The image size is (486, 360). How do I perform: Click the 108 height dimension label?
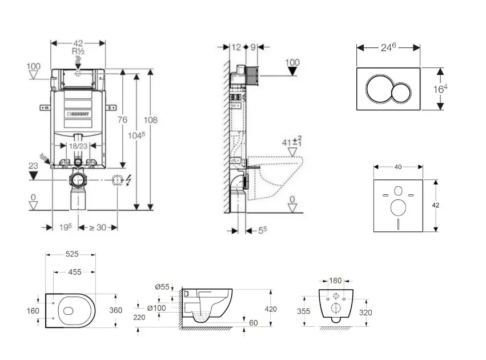point(150,120)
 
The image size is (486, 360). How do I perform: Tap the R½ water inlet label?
point(78,51)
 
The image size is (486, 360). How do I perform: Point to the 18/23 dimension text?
point(78,147)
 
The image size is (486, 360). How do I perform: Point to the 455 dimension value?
point(74,273)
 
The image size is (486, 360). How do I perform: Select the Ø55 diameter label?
point(162,287)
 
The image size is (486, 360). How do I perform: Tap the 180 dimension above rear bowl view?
point(335,281)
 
